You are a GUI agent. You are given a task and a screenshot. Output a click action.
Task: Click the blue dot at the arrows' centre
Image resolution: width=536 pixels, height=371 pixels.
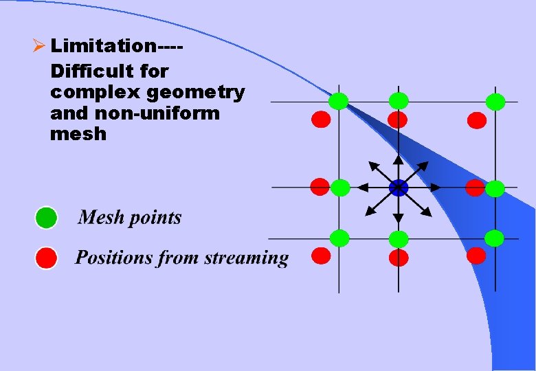click(398, 188)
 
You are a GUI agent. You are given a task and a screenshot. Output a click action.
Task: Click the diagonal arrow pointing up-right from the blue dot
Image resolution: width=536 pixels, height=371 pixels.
click(415, 172)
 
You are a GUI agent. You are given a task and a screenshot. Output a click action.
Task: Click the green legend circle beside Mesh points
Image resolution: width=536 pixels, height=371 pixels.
click(46, 218)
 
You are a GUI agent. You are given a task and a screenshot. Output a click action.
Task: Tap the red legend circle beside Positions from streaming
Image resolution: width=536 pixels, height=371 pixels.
click(46, 258)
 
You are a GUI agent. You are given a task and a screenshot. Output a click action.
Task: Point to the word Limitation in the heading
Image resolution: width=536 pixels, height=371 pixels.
click(103, 47)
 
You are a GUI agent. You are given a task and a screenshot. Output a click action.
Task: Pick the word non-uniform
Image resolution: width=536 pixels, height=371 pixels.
click(161, 113)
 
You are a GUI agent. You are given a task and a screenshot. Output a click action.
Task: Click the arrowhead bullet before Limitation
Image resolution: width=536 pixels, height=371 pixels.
click(39, 47)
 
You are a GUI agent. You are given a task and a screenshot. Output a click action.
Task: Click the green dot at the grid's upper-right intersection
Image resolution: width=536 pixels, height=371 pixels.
click(495, 102)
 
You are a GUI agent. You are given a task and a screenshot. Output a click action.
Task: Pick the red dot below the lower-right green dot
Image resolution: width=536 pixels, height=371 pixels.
click(477, 256)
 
